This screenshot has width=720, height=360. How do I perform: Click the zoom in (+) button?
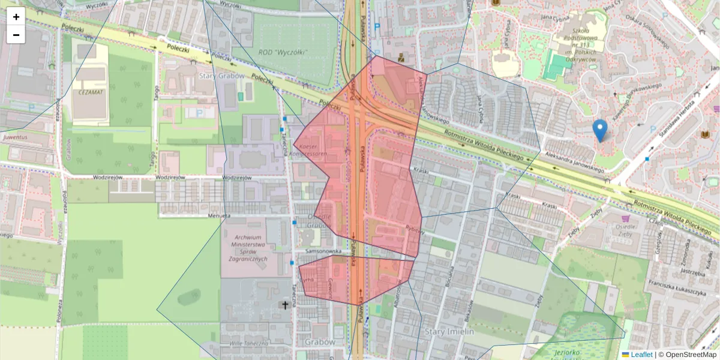pos(16,17)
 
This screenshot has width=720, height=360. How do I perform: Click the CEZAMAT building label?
pos(90,92)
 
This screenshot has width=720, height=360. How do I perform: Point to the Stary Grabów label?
pos(222,76)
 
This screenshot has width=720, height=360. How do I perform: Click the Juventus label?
pos(16,136)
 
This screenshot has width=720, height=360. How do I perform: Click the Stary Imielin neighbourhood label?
pos(449,331)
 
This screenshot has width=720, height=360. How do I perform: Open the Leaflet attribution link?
pos(641,355)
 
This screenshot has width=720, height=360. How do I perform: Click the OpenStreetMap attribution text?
pos(688,355)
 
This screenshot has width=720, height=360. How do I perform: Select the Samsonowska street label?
pos(323,251)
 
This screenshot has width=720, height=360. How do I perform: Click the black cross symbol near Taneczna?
pos(285,305)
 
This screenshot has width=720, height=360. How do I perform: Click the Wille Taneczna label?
pos(240,343)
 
